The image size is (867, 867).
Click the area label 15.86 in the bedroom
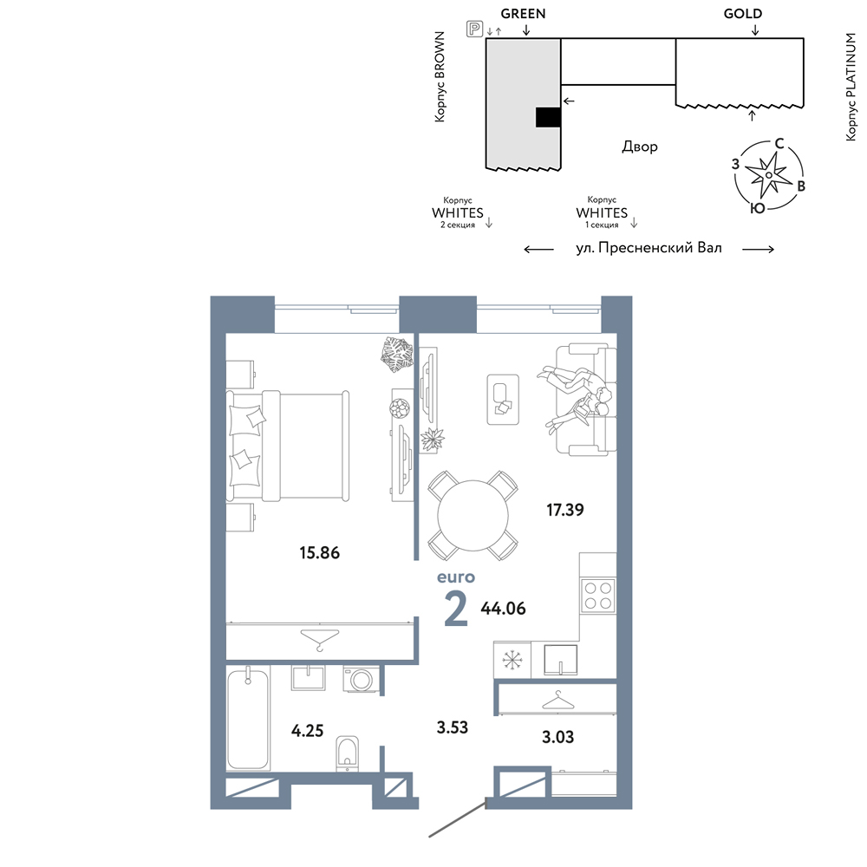tap(320, 552)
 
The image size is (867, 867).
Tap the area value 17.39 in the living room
tap(565, 509)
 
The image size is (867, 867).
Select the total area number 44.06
tap(503, 609)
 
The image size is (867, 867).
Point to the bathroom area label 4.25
tap(308, 730)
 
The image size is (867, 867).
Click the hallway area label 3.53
tap(453, 727)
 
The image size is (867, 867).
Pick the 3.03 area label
tap(557, 736)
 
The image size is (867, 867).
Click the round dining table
tap(473, 515)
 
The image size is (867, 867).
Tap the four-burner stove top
tap(597, 595)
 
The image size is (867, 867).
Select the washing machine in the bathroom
tap(361, 679)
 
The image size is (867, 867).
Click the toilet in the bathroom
tap(348, 753)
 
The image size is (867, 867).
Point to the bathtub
tap(248, 719)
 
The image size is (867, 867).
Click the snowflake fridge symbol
tap(512, 660)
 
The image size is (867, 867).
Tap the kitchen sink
tap(561, 660)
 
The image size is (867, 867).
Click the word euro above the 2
tap(456, 577)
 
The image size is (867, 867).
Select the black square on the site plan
tap(548, 117)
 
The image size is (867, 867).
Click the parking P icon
tap(474, 29)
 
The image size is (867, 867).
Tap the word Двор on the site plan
tap(640, 147)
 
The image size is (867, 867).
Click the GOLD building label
tap(743, 13)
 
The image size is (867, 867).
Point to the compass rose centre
tap(768, 175)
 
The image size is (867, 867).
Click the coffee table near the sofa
tap(503, 400)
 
